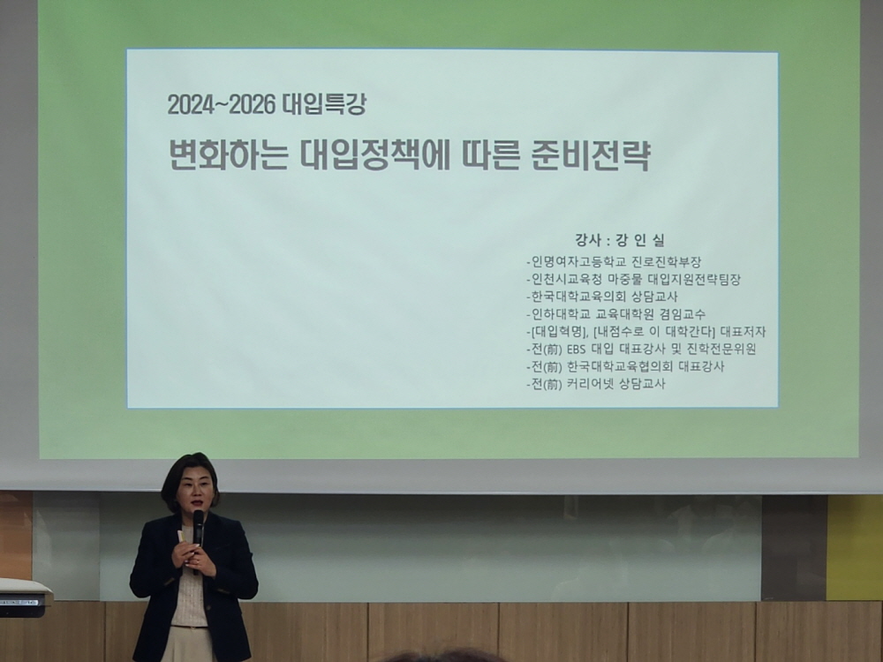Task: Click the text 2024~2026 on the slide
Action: (222, 105)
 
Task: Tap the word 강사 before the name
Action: (588, 240)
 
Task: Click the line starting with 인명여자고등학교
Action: (614, 262)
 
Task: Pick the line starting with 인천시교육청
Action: (633, 279)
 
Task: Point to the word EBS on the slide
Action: (576, 349)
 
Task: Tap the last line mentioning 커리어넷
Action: (596, 384)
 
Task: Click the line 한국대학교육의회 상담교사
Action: (602, 297)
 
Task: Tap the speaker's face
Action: (193, 490)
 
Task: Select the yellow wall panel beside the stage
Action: (854, 547)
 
